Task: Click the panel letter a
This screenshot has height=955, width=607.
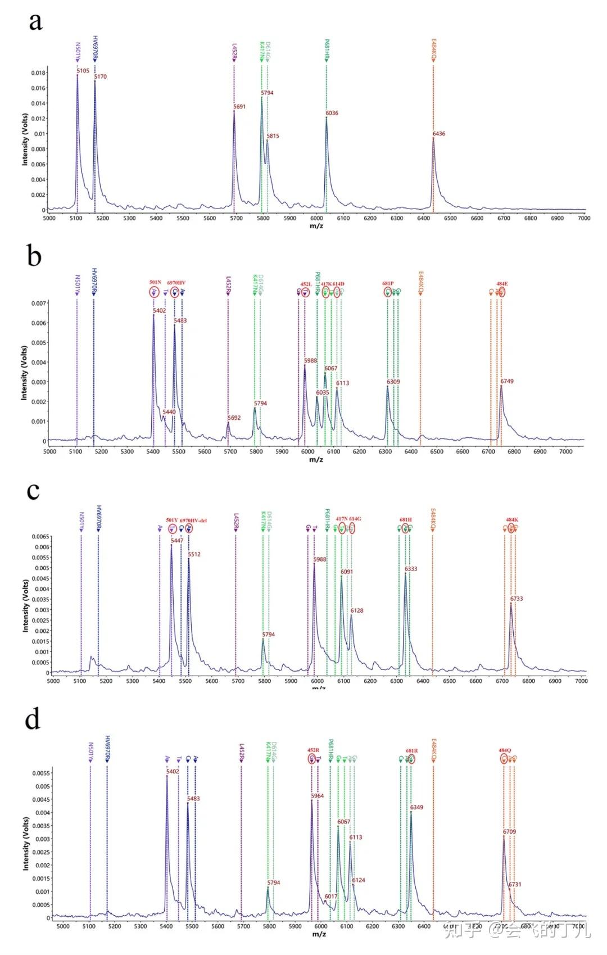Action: pos(35,22)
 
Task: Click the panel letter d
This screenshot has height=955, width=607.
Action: pos(33,720)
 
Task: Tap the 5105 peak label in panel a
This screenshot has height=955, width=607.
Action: pos(83,71)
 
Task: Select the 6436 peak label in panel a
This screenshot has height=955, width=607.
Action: pos(439,134)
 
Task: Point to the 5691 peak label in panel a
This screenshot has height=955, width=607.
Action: pos(239,107)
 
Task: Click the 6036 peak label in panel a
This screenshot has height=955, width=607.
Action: pos(332,113)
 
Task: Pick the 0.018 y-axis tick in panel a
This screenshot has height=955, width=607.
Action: pos(38,73)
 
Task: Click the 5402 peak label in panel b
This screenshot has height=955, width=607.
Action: pos(160,311)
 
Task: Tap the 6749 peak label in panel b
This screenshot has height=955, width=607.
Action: pos(507,381)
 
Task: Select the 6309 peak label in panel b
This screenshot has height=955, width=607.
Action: pos(393,382)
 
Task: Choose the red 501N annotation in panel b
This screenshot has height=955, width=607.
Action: pos(155,283)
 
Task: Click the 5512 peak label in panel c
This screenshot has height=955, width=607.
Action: pos(194,554)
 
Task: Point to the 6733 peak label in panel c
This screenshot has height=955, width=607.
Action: pos(517,599)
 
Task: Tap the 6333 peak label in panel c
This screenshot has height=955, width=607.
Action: pos(411,569)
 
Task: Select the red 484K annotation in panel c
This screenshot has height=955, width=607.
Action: pos(511,520)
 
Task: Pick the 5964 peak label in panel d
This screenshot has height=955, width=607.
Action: pos(318,796)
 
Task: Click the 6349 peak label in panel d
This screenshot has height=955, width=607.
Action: pos(417,807)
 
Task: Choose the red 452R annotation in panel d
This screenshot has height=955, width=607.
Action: pos(313,750)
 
